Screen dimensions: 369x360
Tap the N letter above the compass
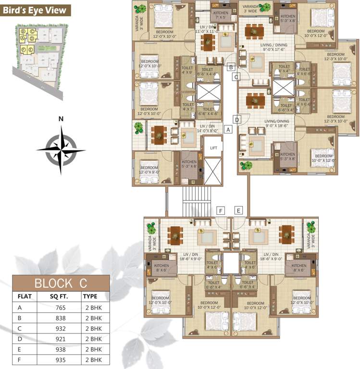[61, 119]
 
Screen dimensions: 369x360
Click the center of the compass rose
[61, 149]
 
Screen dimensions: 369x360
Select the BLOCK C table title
[60, 283]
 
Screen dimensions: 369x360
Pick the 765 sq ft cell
[60, 307]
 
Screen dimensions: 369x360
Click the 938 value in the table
[60, 349]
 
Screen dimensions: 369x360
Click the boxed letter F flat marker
[221, 210]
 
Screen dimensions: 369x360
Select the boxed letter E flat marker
[238, 210]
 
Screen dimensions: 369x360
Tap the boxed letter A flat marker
[228, 129]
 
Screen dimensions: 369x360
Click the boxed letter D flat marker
[237, 119]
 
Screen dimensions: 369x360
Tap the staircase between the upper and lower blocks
[197, 202]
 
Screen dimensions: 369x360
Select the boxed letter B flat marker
[231, 67]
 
